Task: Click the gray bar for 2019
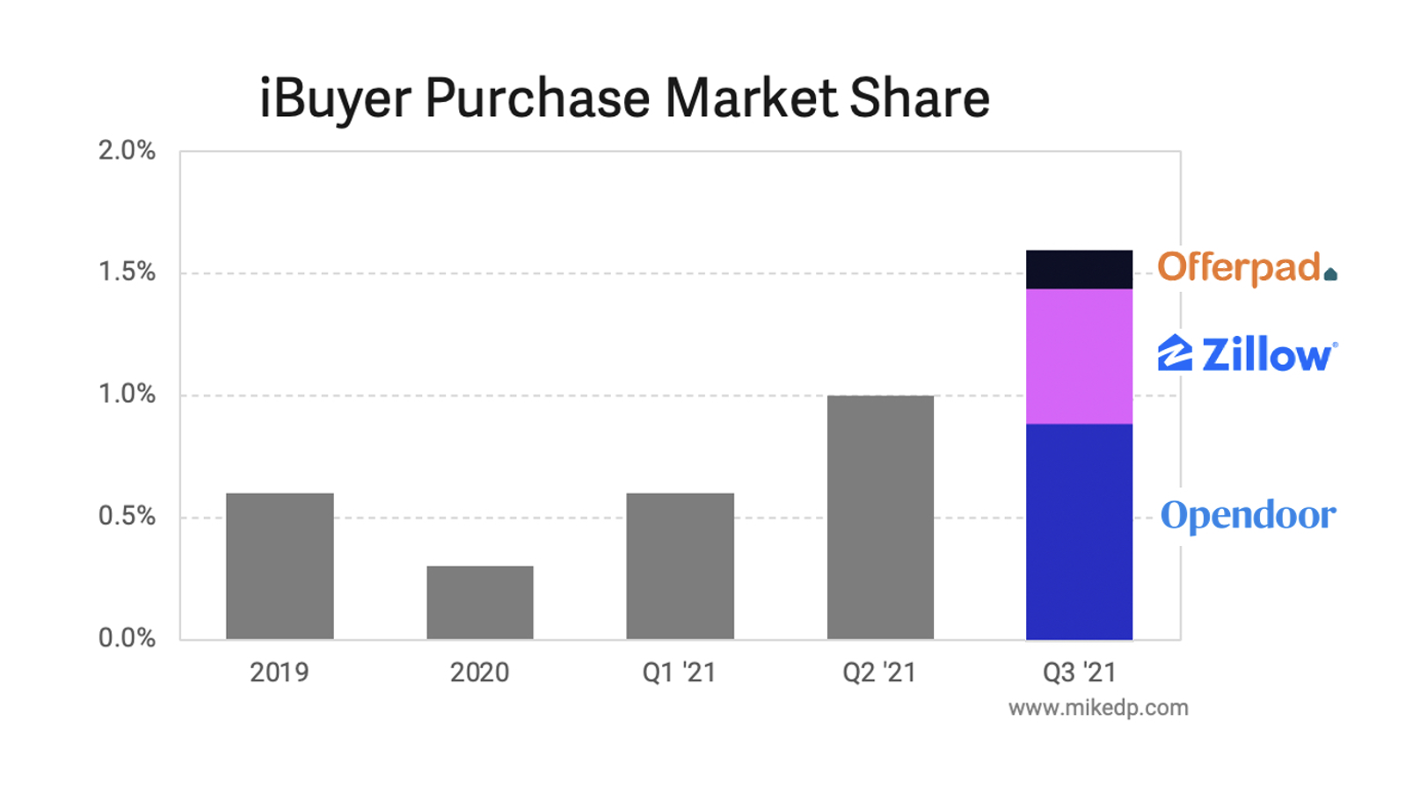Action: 280,566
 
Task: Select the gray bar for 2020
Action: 480,602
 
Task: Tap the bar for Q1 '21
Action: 680,566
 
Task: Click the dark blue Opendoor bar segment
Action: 1079,531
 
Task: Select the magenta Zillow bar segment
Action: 1079,356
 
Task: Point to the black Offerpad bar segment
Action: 1079,270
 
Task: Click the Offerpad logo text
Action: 1239,267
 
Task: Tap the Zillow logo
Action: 1247,354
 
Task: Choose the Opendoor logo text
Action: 1248,515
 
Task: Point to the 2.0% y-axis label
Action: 127,151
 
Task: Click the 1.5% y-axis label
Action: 127,273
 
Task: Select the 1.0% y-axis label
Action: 127,394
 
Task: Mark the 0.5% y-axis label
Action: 127,516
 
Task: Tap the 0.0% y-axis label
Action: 127,637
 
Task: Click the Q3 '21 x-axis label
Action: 1079,673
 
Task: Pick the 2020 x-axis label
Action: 479,673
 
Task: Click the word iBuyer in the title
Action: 335,98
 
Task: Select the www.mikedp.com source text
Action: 1098,708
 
